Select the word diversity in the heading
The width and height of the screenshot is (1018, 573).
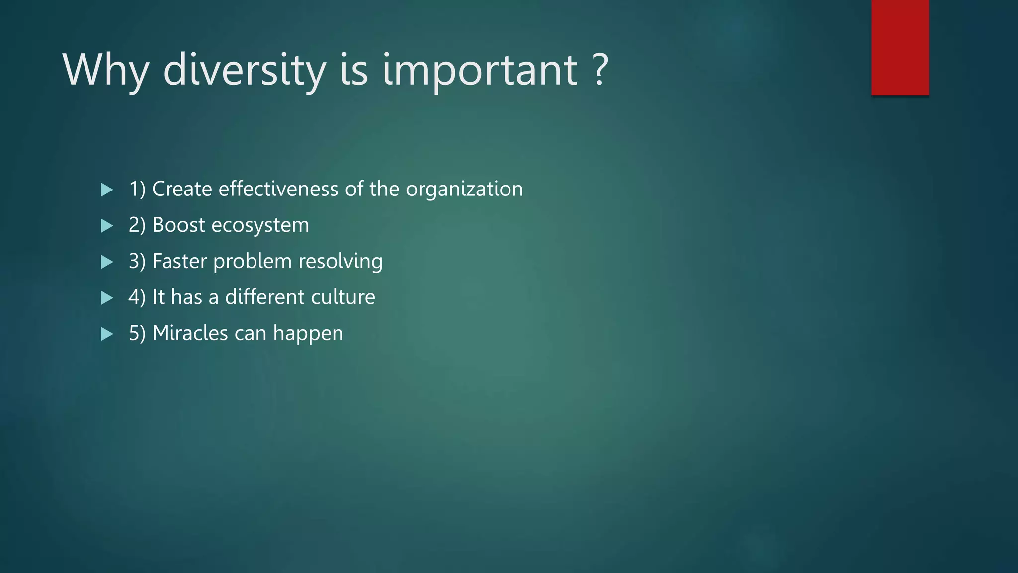point(244,71)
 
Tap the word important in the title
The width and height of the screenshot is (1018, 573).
point(480,71)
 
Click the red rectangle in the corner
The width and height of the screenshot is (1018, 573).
point(900,47)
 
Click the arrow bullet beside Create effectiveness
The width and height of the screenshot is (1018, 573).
point(107,190)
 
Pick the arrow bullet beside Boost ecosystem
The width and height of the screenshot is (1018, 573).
point(107,226)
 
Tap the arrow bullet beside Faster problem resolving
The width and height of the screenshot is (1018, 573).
point(107,262)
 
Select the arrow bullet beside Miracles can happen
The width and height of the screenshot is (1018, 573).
point(107,334)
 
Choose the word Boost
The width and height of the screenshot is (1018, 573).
point(178,225)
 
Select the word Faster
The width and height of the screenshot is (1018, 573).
point(179,261)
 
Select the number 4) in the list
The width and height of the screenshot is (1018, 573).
point(137,297)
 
